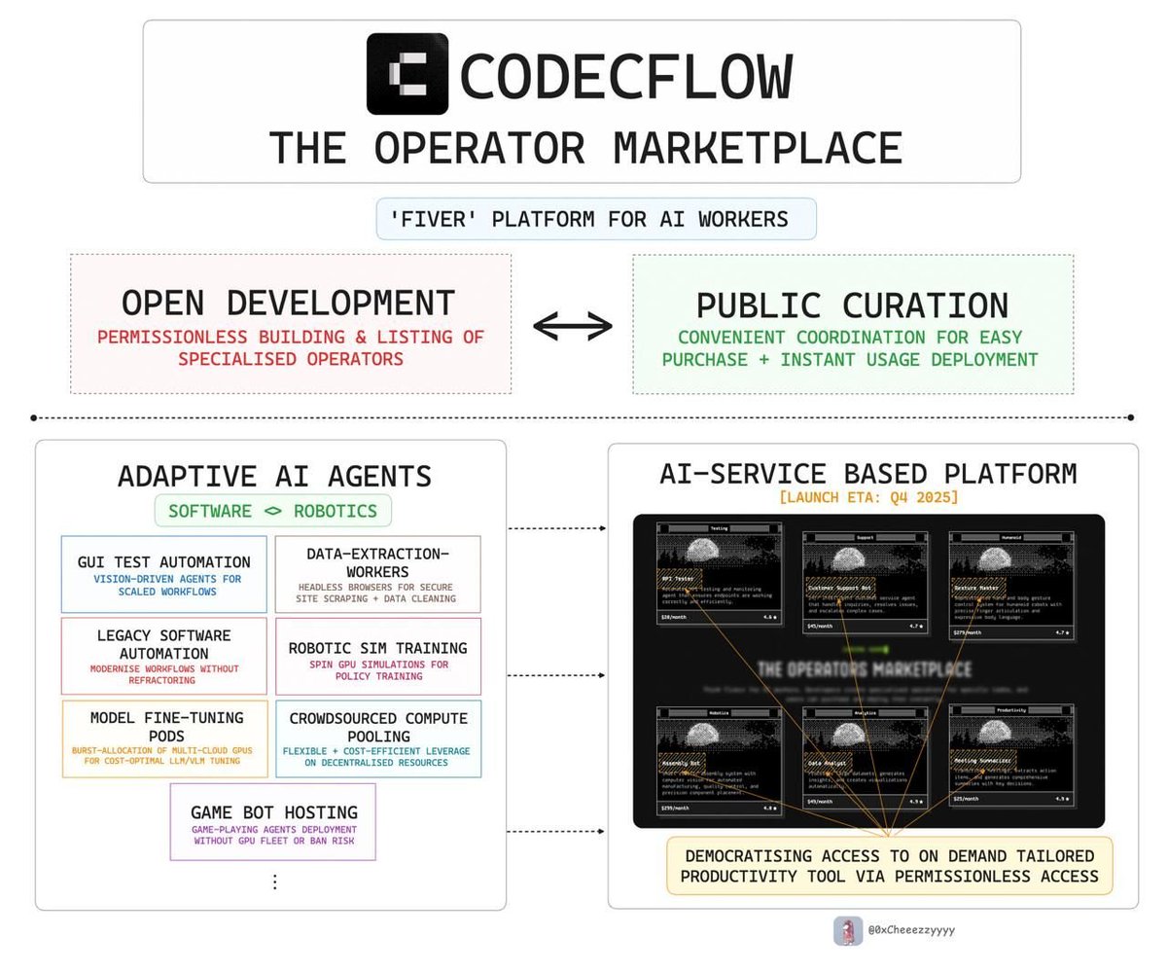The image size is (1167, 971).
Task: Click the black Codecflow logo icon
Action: [407, 74]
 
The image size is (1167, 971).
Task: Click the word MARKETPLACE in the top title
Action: [758, 148]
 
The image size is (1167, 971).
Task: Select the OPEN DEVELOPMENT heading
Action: [289, 303]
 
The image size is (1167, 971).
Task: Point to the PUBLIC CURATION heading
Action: [852, 305]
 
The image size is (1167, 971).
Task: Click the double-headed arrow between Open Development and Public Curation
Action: [573, 327]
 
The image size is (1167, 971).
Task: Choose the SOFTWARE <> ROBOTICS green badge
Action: [272, 511]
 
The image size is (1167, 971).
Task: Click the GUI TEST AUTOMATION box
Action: [163, 574]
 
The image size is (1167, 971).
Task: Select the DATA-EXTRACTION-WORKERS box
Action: [377, 574]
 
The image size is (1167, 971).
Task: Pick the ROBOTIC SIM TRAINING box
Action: [377, 656]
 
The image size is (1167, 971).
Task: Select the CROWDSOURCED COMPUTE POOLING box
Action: [377, 738]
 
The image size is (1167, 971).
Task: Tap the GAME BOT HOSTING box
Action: [273, 821]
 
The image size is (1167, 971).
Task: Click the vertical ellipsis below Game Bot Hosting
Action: [274, 881]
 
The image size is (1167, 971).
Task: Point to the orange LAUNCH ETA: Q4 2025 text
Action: [868, 497]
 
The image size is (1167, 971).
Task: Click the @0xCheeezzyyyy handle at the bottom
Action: [911, 930]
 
